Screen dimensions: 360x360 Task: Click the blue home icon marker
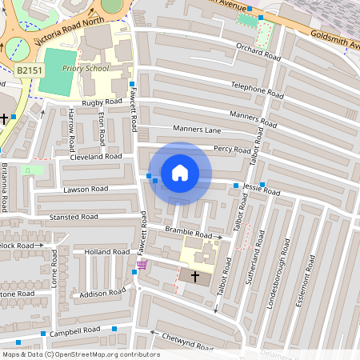180,173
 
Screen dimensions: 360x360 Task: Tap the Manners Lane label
196,128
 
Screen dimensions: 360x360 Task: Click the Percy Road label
233,148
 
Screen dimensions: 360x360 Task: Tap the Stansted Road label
73,217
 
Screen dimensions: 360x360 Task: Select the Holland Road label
107,251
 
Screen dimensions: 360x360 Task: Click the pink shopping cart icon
142,265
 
